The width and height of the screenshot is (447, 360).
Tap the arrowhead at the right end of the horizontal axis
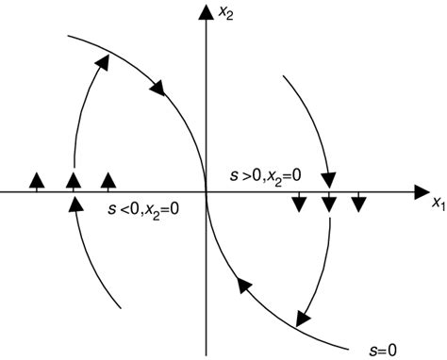(x=422, y=191)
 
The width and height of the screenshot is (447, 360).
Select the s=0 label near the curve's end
(x=379, y=350)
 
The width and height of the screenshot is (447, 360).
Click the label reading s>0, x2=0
(x=267, y=176)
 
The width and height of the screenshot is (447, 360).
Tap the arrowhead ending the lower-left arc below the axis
(x=74, y=205)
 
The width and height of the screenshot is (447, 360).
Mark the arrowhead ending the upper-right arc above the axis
(x=329, y=176)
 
